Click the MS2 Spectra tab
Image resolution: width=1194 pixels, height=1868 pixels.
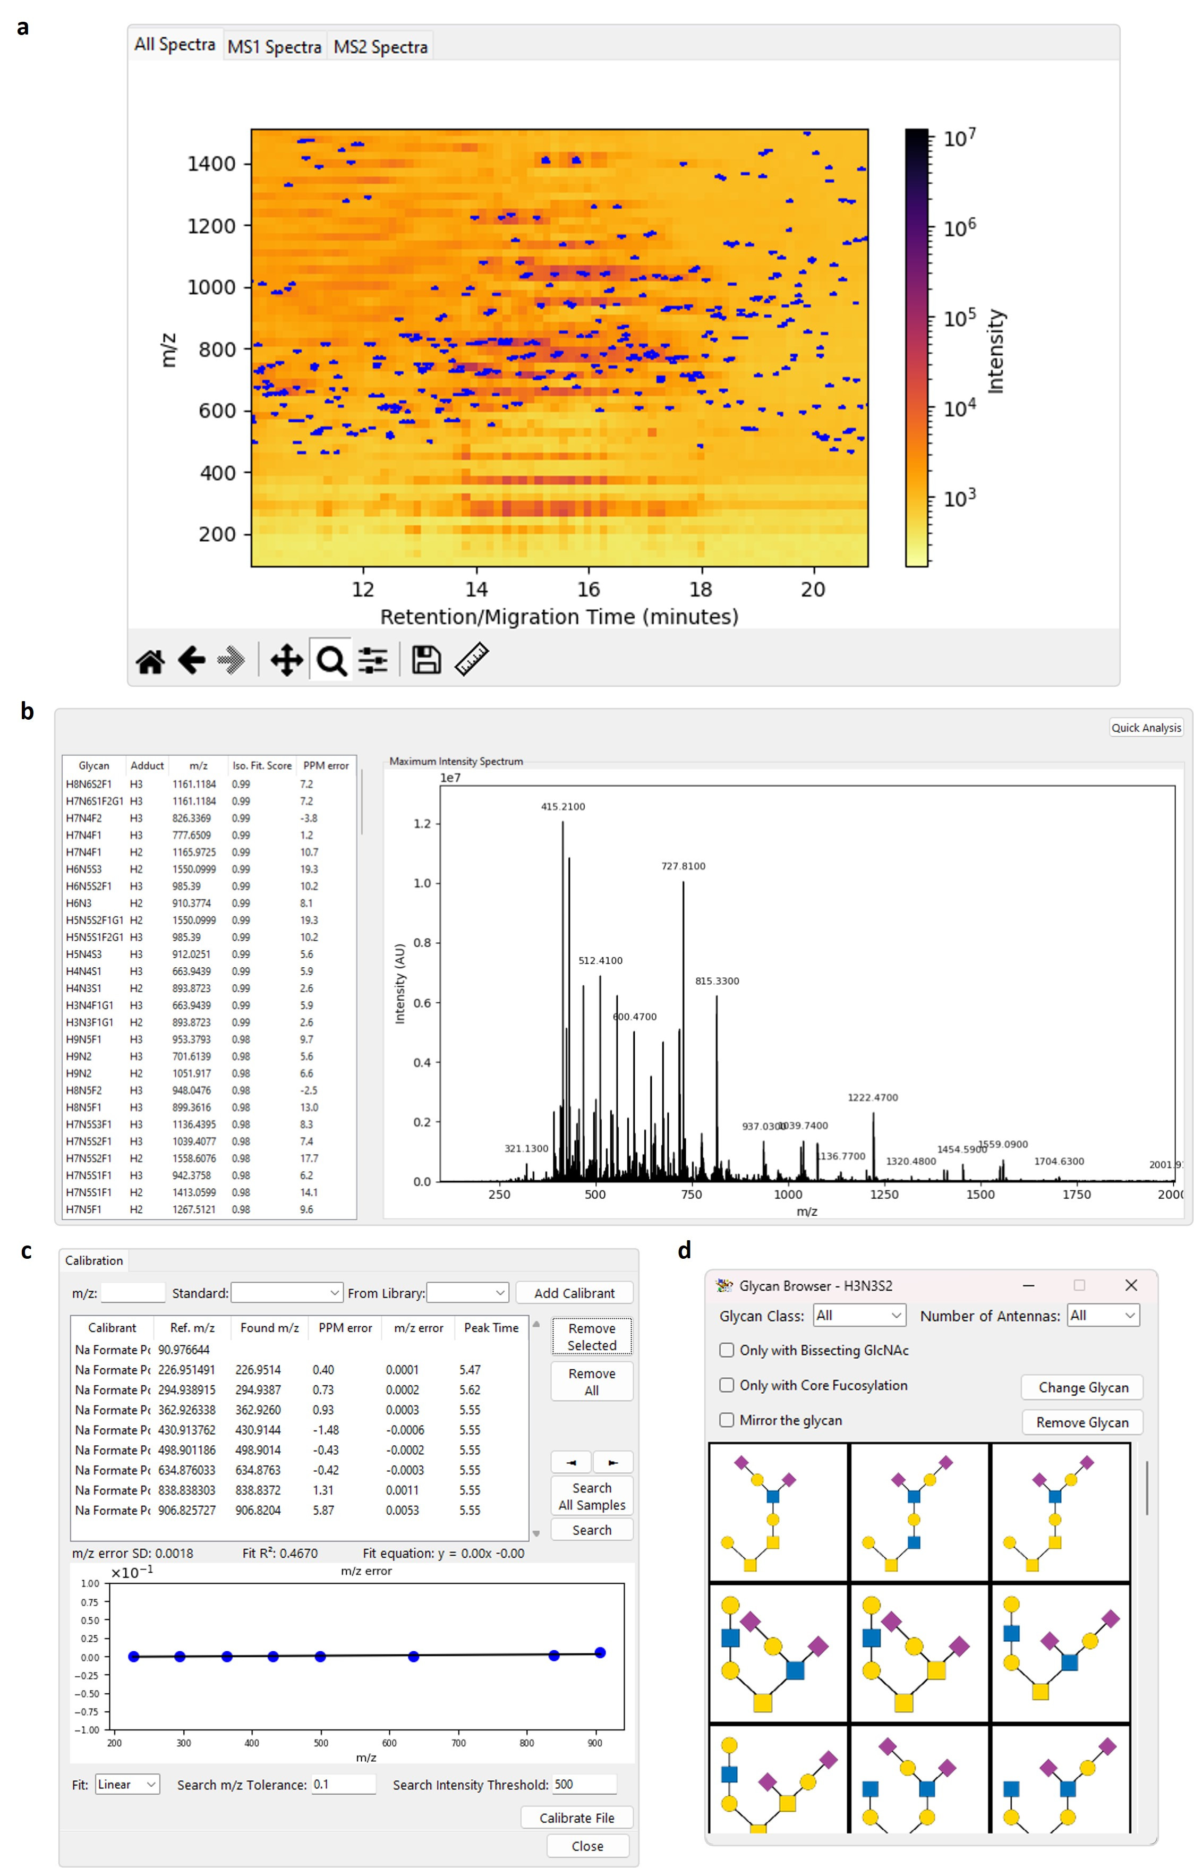380,47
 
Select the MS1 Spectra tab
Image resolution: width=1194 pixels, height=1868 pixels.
274,47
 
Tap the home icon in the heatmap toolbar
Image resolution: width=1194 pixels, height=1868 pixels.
150,661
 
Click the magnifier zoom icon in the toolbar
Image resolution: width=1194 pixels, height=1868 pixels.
331,661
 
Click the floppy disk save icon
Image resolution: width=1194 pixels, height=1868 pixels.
426,660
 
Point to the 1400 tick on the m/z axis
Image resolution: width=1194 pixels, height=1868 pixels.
211,164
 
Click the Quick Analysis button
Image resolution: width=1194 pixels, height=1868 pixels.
1146,728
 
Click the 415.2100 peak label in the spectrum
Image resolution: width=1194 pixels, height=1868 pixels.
563,807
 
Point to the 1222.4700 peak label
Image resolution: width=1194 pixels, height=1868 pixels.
873,1098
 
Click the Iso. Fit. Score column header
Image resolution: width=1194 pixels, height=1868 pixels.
262,766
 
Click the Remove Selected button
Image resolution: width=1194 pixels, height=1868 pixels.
592,1337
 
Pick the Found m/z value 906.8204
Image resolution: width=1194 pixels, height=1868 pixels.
258,1511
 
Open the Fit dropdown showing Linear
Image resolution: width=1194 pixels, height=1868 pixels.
127,1784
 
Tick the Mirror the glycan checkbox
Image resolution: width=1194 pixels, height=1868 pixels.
727,1420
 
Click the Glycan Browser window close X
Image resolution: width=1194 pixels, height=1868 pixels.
1131,1285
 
